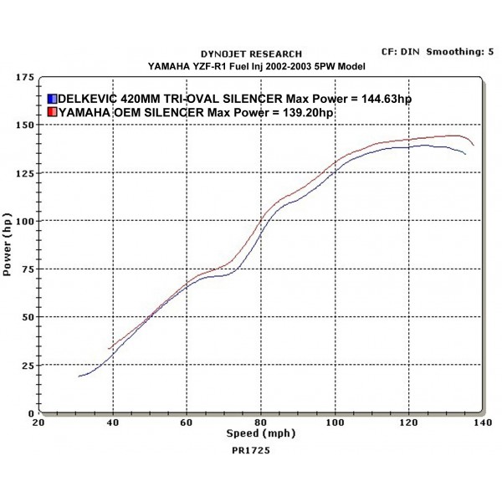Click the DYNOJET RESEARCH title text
tap(252, 54)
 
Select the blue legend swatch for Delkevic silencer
tap(52, 99)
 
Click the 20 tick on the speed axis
tap(38, 423)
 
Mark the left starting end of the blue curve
tap(78, 376)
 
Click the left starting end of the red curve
tap(109, 349)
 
